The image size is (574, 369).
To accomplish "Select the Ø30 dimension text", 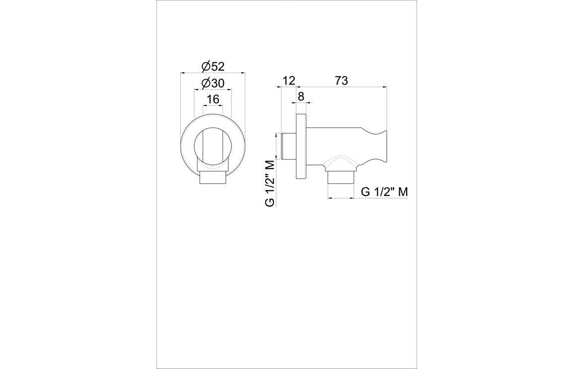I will pos(213,83).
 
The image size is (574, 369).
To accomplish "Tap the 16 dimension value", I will pos(213,99).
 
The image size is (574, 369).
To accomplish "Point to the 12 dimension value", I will pos(288,80).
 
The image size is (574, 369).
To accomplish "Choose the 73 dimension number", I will pos(341,80).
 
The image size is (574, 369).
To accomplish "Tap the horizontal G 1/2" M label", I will pos(384,192).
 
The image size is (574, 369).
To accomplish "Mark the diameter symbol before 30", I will pos(205,83).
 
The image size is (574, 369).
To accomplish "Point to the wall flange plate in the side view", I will pos(301,148).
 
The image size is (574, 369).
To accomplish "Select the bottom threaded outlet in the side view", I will pos(341,178).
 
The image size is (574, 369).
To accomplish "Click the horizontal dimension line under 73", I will pos(341,87).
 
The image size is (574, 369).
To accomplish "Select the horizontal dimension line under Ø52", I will pos(213,73).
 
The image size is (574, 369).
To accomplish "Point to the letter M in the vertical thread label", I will pos(270,165).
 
